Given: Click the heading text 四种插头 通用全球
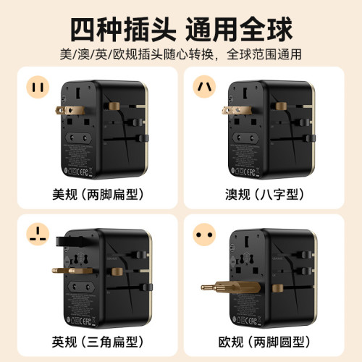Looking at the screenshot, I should coord(181,30).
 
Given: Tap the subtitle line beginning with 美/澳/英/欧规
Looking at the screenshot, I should coord(181,55).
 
